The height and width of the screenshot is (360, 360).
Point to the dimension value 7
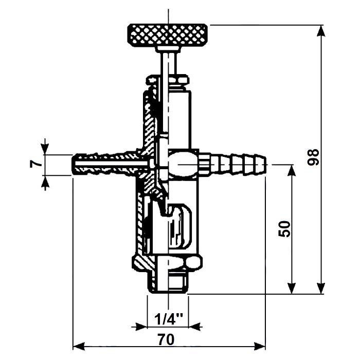(x=34, y=164)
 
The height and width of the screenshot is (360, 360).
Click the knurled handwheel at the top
(x=168, y=34)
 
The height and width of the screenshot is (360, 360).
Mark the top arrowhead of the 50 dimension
(x=292, y=170)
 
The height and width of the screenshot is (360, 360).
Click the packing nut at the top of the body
(x=168, y=80)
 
